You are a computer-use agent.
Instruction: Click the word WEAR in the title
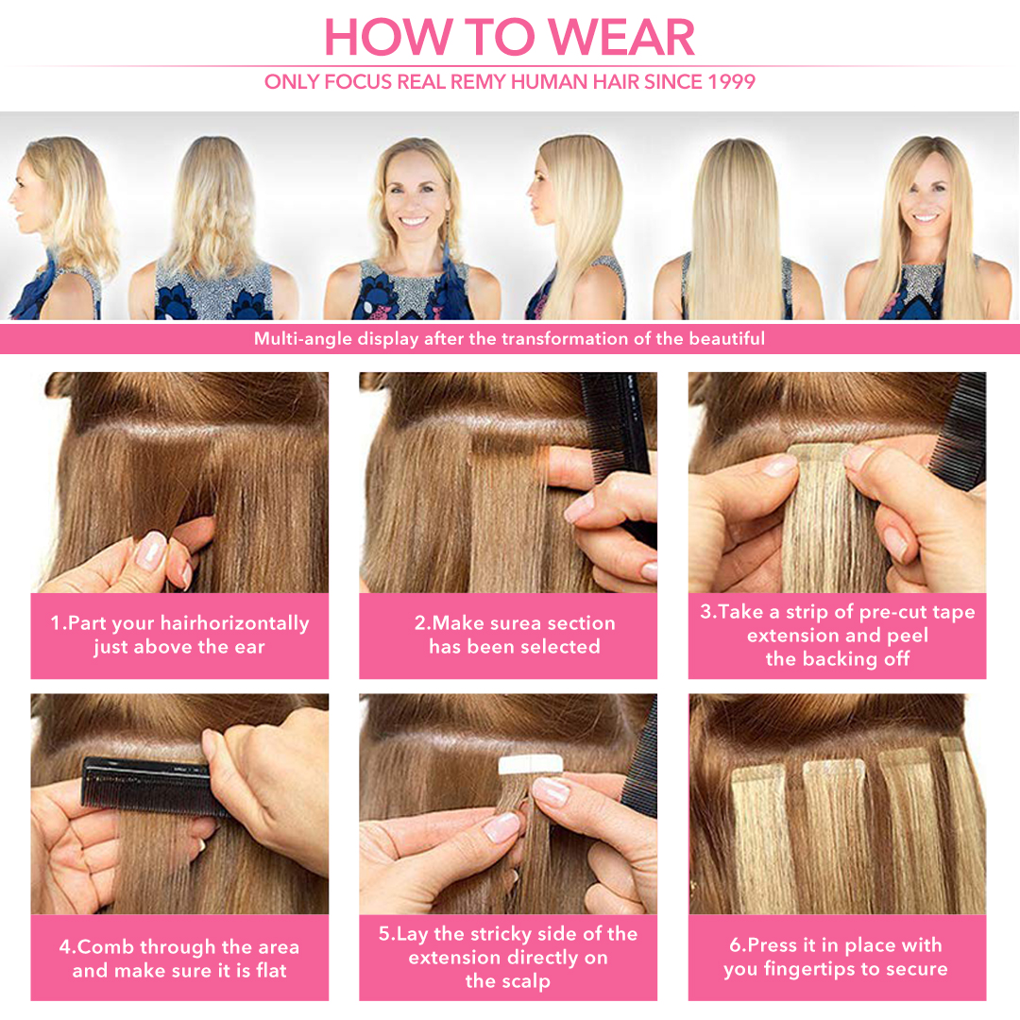pos(621,37)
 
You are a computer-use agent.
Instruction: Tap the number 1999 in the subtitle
pos(731,82)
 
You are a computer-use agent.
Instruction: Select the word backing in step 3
pos(840,659)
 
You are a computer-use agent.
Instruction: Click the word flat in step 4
pos(271,971)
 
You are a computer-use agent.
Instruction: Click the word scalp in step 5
pos(524,981)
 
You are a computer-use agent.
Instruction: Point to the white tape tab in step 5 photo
pos(530,764)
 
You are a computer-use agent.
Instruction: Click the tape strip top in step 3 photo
pos(821,452)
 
